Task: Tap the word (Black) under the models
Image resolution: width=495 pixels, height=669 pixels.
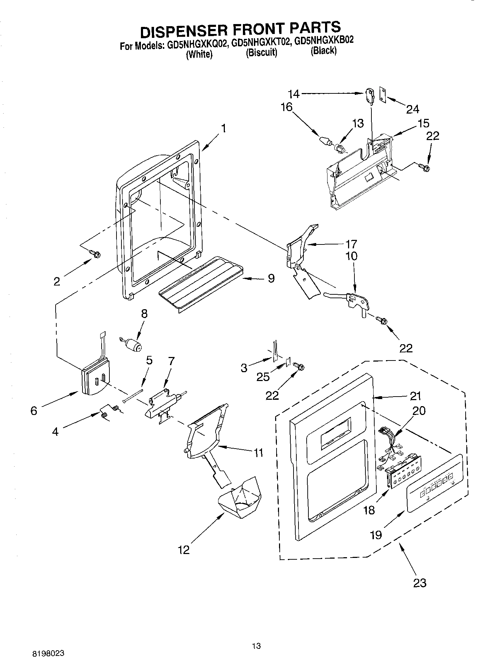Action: click(323, 51)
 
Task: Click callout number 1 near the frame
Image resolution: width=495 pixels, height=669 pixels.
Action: click(223, 128)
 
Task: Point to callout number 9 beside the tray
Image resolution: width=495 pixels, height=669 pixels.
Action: click(271, 278)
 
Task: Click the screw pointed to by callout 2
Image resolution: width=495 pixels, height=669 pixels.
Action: click(96, 253)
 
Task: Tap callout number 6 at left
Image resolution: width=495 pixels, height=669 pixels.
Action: click(34, 411)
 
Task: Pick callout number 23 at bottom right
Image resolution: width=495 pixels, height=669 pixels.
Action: click(420, 582)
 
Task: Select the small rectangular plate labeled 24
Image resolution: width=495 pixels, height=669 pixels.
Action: click(383, 94)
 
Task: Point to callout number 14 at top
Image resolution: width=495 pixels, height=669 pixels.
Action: click(294, 94)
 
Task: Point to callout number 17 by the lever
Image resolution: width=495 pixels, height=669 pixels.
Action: click(351, 244)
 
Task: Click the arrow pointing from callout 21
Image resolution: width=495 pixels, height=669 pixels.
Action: click(389, 397)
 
